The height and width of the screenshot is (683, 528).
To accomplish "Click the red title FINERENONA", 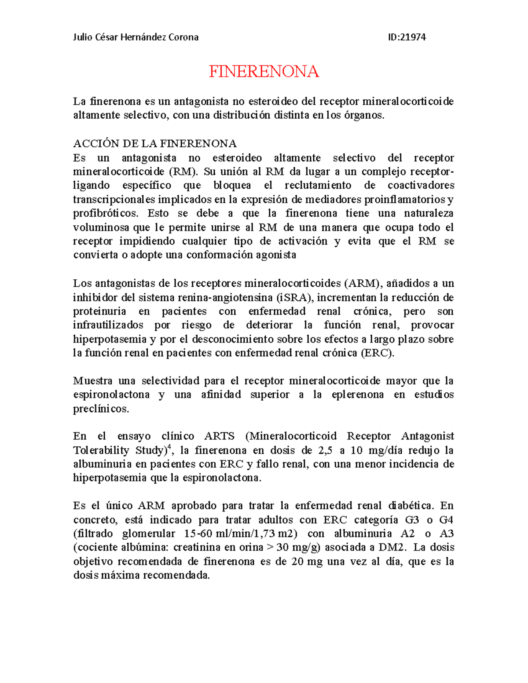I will click(264, 71).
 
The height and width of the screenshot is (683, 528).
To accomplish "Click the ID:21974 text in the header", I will click(407, 37).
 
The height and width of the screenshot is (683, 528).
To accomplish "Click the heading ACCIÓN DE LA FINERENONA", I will click(155, 144).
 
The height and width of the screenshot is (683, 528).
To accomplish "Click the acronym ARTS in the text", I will click(219, 436).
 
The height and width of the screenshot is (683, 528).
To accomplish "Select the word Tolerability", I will click(101, 450).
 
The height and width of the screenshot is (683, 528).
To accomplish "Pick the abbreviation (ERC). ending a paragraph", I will click(377, 353).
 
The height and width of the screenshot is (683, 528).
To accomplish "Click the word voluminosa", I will click(101, 228).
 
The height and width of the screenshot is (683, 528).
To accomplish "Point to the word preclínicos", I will click(101, 409).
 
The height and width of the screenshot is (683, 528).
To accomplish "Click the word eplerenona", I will click(357, 395).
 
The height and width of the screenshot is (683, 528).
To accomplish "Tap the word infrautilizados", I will click(108, 325).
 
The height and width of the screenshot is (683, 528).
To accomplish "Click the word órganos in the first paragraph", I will click(365, 116).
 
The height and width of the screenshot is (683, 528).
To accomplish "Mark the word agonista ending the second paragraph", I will click(276, 256).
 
